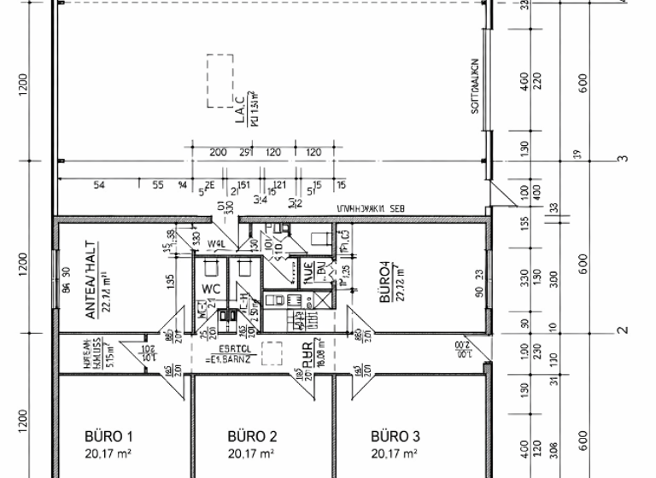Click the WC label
pyautogui.click(x=211, y=289)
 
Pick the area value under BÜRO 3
pyautogui.click(x=394, y=453)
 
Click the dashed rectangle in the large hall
pyautogui.click(x=220, y=81)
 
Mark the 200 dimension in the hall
pyautogui.click(x=217, y=152)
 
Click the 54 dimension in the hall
pyautogui.click(x=99, y=184)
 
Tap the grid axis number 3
pyautogui.click(x=624, y=159)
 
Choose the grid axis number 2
pyautogui.click(x=624, y=330)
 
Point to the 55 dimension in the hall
pyautogui.click(x=158, y=184)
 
